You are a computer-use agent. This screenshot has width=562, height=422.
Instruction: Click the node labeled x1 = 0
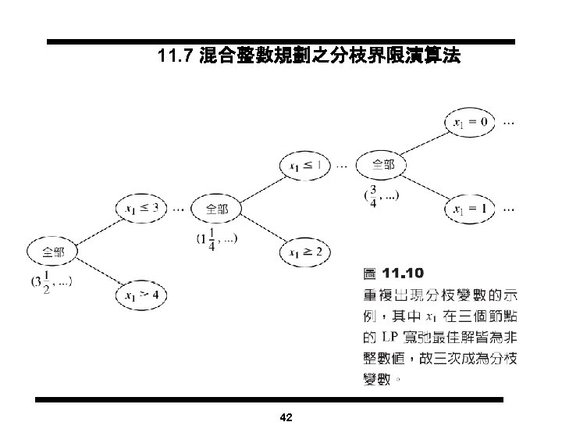(468, 121)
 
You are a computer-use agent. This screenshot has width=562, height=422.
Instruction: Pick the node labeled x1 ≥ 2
(306, 252)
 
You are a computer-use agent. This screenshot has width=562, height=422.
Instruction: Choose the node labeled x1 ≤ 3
(141, 208)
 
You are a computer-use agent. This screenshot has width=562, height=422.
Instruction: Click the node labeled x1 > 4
(141, 295)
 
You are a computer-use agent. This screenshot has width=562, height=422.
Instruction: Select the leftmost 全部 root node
(54, 252)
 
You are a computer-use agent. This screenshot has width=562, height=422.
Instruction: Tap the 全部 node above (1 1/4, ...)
(218, 209)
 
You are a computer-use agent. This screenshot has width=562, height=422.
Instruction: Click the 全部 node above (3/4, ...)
(382, 165)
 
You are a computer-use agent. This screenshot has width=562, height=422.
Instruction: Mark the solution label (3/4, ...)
(381, 195)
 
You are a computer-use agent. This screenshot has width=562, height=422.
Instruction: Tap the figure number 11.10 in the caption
(403, 273)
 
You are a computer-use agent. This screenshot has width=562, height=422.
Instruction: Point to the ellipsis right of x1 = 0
(508, 122)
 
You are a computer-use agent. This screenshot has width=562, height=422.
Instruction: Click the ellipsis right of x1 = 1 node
(509, 209)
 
